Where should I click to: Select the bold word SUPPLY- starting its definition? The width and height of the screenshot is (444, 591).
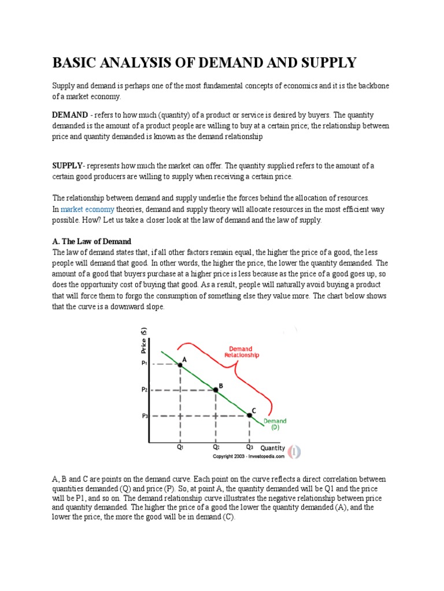pyautogui.click(x=69, y=166)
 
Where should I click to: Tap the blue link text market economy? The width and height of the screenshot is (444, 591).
pyautogui.click(x=87, y=209)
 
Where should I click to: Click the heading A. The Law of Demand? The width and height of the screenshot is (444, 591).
pyautogui.click(x=92, y=241)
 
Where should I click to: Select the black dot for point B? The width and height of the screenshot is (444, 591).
pyautogui.click(x=216, y=390)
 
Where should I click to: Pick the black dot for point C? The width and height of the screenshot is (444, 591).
pyautogui.click(x=250, y=415)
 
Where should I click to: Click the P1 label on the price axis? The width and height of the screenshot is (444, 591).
pyautogui.click(x=145, y=364)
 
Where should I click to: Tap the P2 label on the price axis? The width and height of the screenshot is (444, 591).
pyautogui.click(x=145, y=390)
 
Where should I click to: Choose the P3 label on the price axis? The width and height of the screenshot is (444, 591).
pyautogui.click(x=145, y=416)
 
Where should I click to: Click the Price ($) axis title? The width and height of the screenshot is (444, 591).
pyautogui.click(x=144, y=341)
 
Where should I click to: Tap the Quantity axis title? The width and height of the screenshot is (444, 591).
pyautogui.click(x=272, y=448)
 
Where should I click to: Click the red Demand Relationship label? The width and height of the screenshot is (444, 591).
pyautogui.click(x=242, y=352)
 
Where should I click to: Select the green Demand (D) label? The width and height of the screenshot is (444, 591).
pyautogui.click(x=275, y=424)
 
